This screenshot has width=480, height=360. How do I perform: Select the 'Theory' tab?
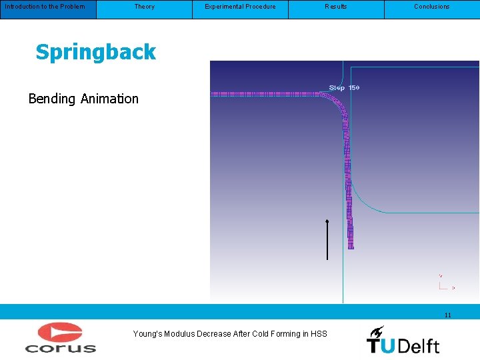tap(144, 7)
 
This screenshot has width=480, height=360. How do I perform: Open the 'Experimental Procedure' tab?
tap(240, 7)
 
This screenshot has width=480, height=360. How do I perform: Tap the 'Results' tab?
tap(336, 7)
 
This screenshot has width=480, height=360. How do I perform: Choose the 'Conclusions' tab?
tap(432, 7)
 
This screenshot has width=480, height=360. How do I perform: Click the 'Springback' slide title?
tap(95, 53)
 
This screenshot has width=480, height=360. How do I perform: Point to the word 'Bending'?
tap(52, 99)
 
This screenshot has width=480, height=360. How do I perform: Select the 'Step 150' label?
tap(344, 88)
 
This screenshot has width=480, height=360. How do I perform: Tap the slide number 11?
tap(447, 315)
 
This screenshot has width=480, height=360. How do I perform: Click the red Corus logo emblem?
tap(60, 333)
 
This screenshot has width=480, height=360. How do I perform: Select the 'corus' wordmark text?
tap(60, 347)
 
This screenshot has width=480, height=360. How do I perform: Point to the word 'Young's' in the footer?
tap(147, 334)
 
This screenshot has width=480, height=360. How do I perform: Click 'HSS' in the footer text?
tap(319, 334)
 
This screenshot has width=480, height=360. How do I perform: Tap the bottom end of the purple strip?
tap(351, 245)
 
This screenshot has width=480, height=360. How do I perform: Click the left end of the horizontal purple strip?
tap(213, 95)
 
